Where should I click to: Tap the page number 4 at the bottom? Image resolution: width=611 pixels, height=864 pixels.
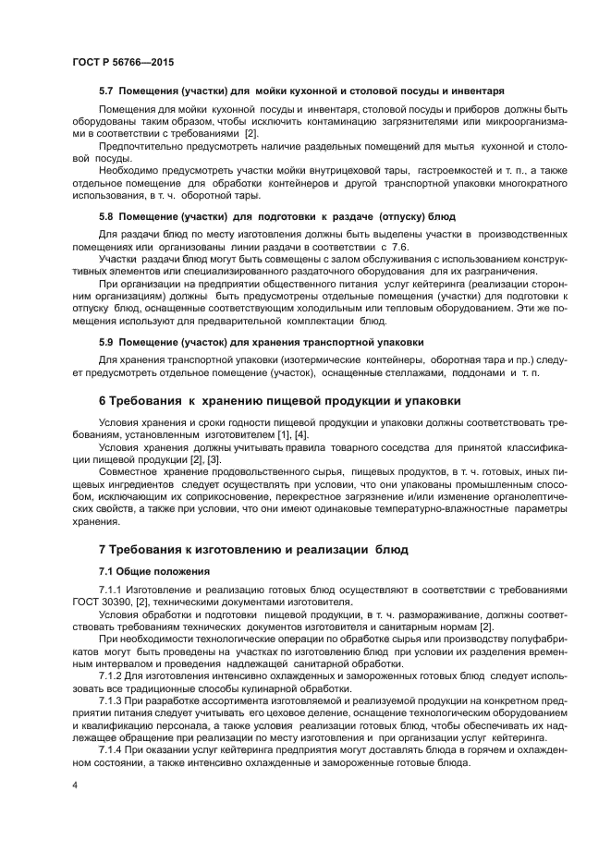point(75,785)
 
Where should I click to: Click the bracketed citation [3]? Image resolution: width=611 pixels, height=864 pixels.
point(213,459)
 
